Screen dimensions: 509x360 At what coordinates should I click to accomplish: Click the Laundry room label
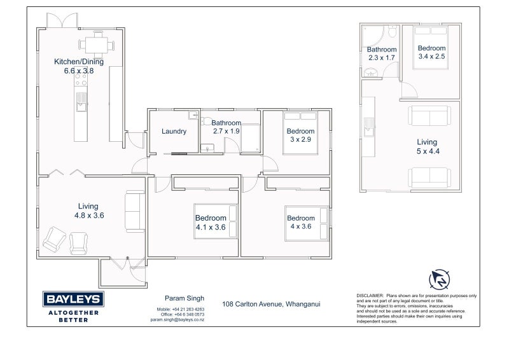click(x=174, y=132)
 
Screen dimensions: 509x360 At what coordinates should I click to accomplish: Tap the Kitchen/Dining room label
click(x=79, y=62)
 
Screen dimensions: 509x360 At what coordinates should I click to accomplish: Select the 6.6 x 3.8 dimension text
click(x=79, y=71)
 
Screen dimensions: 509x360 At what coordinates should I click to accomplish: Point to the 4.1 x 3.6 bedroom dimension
click(x=211, y=227)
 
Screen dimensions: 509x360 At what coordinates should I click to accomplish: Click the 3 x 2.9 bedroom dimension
click(x=300, y=139)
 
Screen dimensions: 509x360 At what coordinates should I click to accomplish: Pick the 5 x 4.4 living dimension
click(x=428, y=151)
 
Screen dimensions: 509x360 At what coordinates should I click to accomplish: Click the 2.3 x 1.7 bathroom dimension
click(x=381, y=58)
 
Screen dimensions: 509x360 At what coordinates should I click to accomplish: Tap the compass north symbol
click(x=439, y=280)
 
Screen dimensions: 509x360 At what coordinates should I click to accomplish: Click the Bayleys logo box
click(x=73, y=299)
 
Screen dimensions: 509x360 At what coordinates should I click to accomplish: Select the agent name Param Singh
click(x=185, y=298)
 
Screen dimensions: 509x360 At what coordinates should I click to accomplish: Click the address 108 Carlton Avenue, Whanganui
click(x=271, y=304)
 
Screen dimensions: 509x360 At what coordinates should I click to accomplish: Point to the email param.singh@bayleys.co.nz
click(x=178, y=320)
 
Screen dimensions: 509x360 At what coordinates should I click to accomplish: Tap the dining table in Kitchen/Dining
click(x=97, y=45)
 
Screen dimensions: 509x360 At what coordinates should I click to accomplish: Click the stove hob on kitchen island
click(x=81, y=80)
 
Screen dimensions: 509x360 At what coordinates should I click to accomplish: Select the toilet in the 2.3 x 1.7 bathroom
click(x=393, y=31)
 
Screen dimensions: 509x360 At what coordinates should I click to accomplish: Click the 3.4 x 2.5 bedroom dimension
click(x=431, y=57)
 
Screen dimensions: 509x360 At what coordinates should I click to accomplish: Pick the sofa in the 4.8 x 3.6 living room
click(x=135, y=211)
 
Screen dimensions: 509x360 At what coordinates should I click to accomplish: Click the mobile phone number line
click(x=181, y=309)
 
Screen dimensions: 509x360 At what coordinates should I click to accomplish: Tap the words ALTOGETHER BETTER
click(x=73, y=317)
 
